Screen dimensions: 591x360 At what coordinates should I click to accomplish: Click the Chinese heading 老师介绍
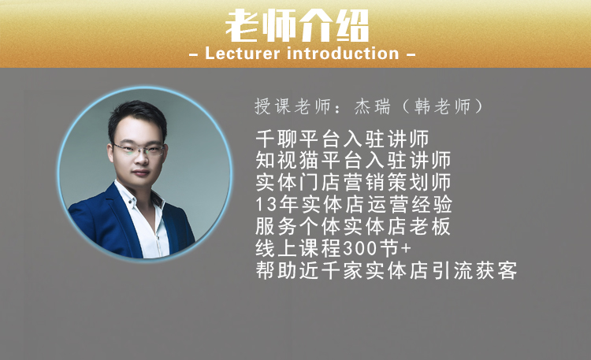297,26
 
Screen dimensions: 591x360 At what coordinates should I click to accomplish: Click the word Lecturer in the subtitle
243,54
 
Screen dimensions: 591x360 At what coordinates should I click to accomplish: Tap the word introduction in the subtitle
343,54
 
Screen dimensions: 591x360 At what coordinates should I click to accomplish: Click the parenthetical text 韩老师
443,106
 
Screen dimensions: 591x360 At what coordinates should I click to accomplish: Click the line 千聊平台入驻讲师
342,139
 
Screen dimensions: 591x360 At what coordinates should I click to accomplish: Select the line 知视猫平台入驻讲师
353,160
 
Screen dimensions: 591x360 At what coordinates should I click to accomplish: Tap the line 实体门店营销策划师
353,182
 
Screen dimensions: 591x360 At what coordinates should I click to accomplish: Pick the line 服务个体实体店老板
353,226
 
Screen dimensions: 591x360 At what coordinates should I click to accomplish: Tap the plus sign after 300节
406,248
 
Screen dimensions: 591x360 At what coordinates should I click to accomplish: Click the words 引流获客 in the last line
474,270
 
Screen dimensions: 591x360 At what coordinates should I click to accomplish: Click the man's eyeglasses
139,149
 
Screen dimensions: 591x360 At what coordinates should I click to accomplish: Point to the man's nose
141,159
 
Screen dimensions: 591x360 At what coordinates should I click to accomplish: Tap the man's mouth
140,173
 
